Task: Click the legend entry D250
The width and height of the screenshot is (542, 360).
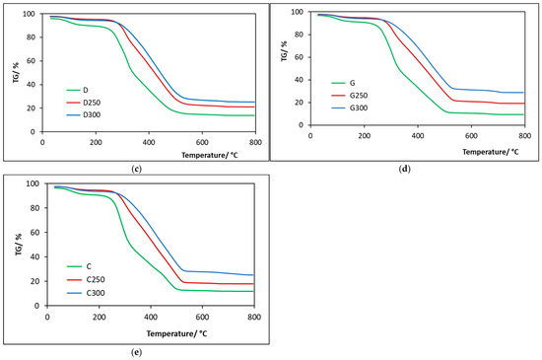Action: pyautogui.click(x=92, y=103)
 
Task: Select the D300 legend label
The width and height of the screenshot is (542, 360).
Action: pyautogui.click(x=92, y=114)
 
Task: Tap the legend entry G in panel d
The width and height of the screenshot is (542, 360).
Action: pyautogui.click(x=352, y=83)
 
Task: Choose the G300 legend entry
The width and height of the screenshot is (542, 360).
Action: pyautogui.click(x=359, y=108)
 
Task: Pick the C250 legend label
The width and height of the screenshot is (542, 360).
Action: pyautogui.click(x=96, y=279)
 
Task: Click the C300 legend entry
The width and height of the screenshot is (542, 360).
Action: pyautogui.click(x=96, y=293)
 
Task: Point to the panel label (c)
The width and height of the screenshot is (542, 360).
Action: pyautogui.click(x=137, y=169)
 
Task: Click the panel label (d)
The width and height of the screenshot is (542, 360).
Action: pyautogui.click(x=404, y=169)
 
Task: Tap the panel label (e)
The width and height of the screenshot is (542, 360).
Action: pyautogui.click(x=137, y=352)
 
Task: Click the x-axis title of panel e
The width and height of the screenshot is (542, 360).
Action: pyautogui.click(x=176, y=333)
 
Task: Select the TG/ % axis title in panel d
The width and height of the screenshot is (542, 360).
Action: pyautogui.click(x=284, y=51)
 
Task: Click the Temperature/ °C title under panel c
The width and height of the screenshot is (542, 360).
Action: pyautogui.click(x=210, y=155)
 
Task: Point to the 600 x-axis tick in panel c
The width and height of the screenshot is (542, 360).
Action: pyautogui.click(x=202, y=142)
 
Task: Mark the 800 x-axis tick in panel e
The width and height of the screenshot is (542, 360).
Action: pyautogui.click(x=254, y=318)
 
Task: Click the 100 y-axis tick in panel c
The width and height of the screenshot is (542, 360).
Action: pyautogui.click(x=29, y=14)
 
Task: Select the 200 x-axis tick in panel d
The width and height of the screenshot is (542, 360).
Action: pyautogui.click(x=365, y=136)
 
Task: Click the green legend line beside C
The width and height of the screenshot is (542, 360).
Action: pyautogui.click(x=75, y=266)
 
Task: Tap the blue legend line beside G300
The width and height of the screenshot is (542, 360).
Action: pyautogui.click(x=338, y=108)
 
